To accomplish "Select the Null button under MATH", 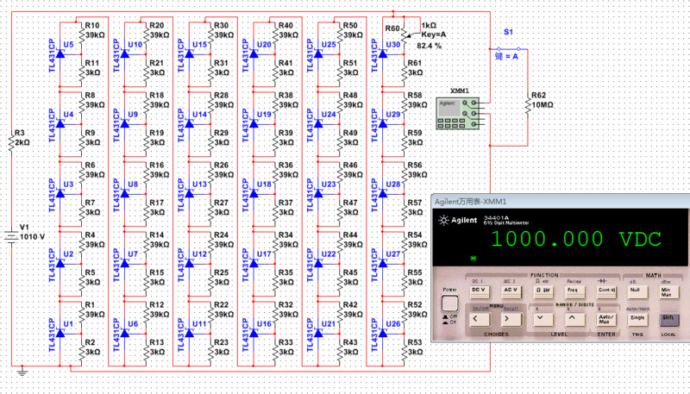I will (634, 291).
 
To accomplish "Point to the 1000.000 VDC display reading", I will (573, 241).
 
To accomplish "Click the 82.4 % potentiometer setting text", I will (429, 45).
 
